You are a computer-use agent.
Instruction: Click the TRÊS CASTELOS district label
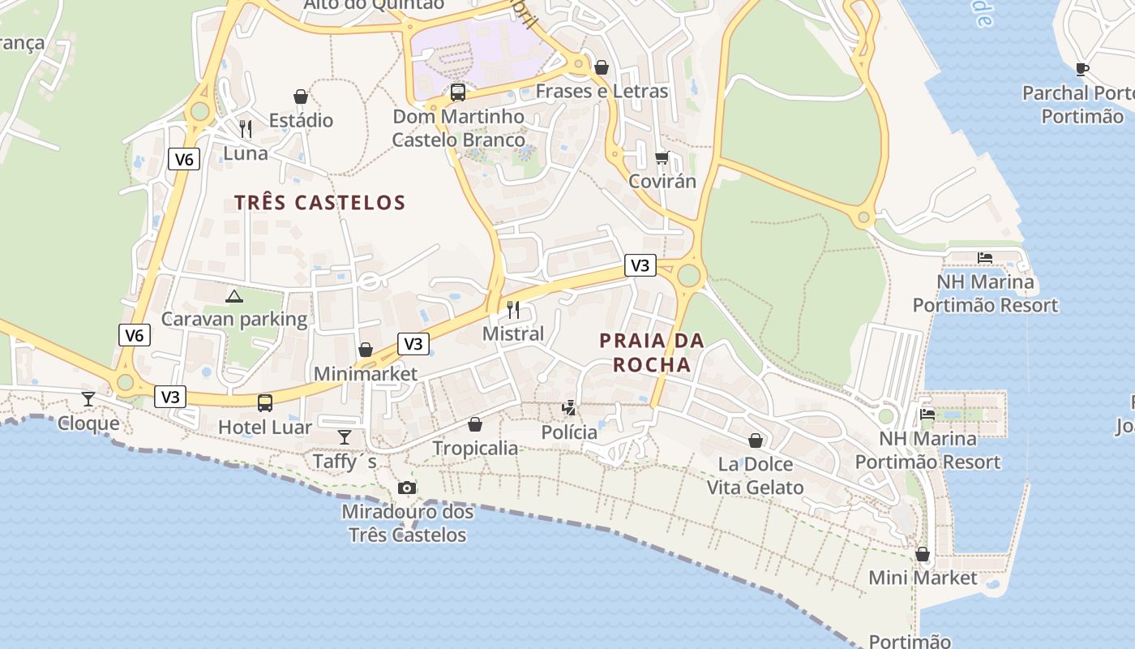pos(319,203)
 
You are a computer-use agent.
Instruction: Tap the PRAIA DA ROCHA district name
pos(652,353)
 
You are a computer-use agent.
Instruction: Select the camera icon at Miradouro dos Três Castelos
pos(407,488)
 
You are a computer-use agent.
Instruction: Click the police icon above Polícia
pos(570,407)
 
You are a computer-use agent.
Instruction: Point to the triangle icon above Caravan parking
pos(234,296)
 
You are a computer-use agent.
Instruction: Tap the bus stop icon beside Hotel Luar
pos(265,402)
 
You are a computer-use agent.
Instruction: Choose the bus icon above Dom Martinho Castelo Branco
pos(458,92)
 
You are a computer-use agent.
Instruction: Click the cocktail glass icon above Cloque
pos(88,398)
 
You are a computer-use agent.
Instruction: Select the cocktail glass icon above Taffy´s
pos(345,436)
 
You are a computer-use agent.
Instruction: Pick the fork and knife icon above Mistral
pos(513,309)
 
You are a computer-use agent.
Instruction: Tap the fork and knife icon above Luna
pos(246,128)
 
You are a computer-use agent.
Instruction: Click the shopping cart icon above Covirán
pos(662,157)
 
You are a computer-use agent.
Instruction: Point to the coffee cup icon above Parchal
pos(1081,69)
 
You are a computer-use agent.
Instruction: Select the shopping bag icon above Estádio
pos(301,97)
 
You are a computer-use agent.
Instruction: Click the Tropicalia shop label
pos(475,448)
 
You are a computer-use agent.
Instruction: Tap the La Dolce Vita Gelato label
pos(756,476)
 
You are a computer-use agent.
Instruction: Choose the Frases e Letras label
pos(602,91)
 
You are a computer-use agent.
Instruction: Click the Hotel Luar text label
pos(265,427)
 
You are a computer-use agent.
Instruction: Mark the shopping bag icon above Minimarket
pos(366,350)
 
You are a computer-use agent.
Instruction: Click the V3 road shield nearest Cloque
pos(170,397)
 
